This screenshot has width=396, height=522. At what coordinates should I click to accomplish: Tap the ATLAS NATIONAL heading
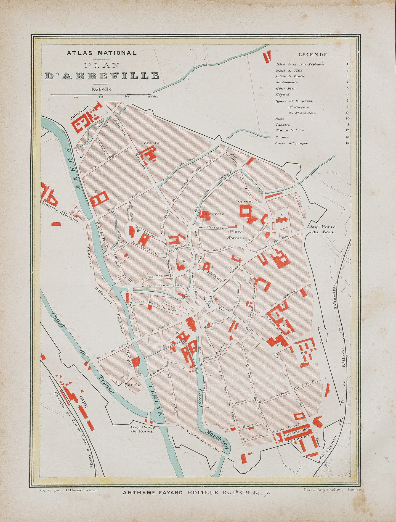[x=102, y=53]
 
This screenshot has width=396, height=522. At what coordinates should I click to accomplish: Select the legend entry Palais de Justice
[x=290, y=77]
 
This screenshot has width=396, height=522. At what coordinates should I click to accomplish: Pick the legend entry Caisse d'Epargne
[x=291, y=143]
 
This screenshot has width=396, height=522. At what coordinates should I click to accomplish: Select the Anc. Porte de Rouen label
[x=142, y=429]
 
